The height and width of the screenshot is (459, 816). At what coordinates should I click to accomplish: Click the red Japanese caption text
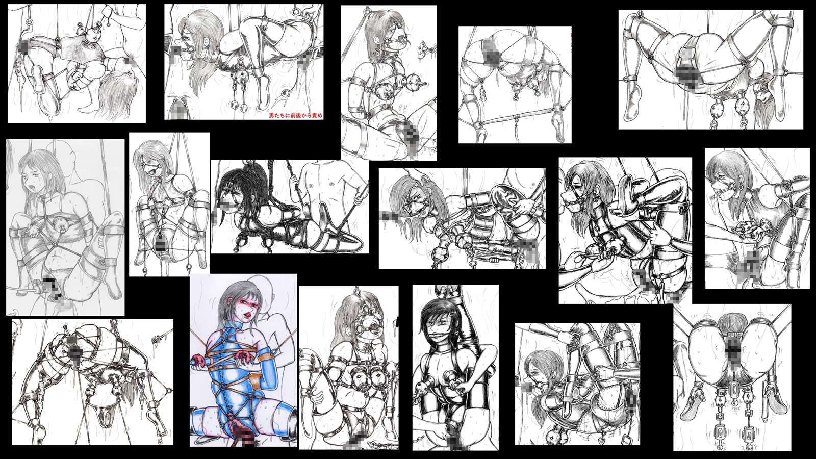pos(295,116)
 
